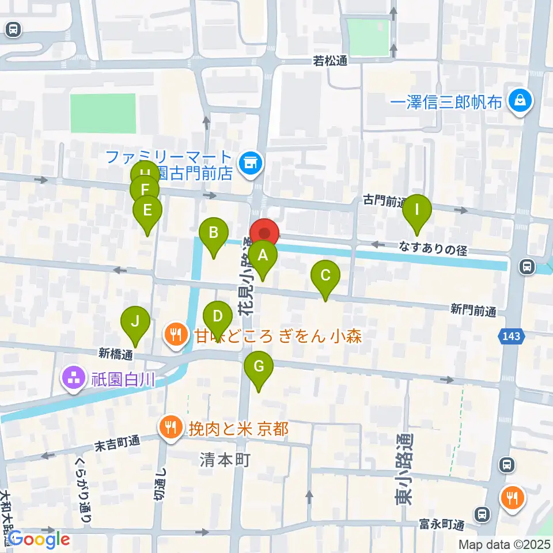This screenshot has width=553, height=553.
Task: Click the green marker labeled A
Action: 263,255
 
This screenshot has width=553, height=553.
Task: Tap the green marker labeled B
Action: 213,233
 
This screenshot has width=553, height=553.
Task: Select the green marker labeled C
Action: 325,275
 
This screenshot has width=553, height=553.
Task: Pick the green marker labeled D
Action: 218,317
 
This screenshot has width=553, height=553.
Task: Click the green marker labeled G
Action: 259,366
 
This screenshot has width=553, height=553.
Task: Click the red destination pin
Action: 264,233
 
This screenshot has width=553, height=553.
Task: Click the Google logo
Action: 39,539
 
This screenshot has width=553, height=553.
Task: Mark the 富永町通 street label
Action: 442,525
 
